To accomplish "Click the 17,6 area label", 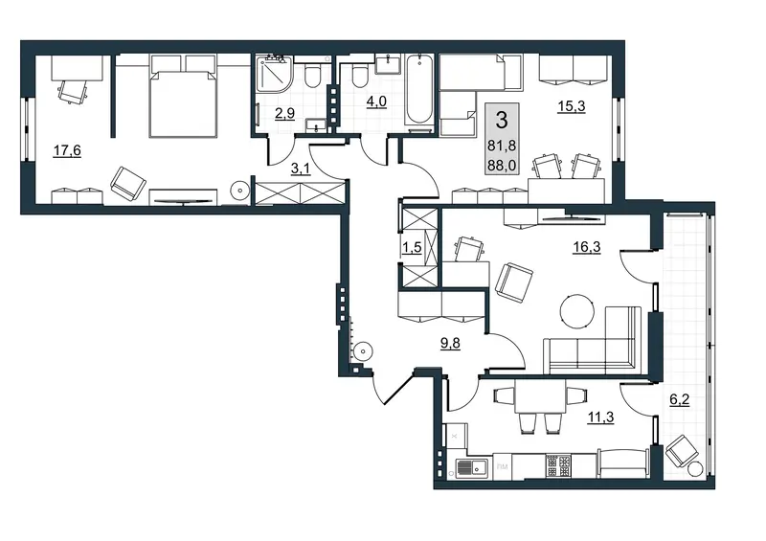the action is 67,150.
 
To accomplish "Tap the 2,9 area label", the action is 284,114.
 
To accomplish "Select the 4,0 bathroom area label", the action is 376,101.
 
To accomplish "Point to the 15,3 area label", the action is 572,106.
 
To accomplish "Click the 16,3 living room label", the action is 587,247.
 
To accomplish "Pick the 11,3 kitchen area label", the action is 600,417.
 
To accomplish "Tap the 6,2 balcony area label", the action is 679,399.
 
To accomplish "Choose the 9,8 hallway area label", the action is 450,343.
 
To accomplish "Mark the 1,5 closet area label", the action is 412,247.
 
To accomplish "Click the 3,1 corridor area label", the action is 301,169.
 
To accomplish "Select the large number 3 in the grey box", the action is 502,121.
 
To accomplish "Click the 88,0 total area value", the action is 502,166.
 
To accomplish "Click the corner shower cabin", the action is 273,74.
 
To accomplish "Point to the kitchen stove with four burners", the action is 558,465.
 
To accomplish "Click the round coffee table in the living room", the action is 577,311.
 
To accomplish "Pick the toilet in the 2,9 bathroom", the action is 311,75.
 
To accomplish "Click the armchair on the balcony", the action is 682,451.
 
